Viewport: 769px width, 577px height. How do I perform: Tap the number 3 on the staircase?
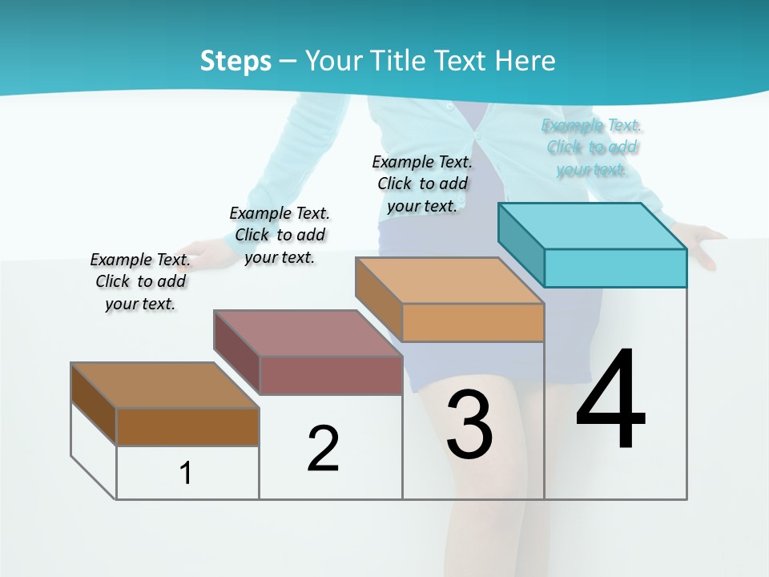point(469,424)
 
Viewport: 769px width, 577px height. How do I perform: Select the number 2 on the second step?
point(323,448)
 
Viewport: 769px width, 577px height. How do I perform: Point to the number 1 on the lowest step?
point(185,473)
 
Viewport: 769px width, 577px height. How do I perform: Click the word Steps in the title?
point(236,60)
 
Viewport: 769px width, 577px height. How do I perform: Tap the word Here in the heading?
point(525,60)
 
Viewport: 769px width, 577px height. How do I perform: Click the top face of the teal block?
point(591,226)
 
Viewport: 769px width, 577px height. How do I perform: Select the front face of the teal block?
point(615,268)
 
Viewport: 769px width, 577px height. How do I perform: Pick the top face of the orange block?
point(449,280)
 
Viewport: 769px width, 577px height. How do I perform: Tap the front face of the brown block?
point(187,426)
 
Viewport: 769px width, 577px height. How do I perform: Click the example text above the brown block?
point(140,281)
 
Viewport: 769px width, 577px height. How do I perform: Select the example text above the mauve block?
point(280,235)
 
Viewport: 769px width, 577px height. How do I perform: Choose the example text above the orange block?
point(422,184)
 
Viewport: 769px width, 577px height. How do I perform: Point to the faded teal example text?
point(592,147)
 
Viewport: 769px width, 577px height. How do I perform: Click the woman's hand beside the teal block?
point(704,244)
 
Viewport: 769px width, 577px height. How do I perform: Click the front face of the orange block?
point(473,323)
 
